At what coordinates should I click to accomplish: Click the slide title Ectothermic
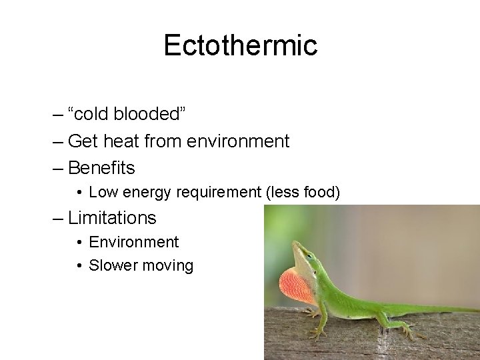(240, 45)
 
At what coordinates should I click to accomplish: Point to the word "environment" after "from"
(239, 141)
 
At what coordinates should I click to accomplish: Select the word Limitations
(112, 218)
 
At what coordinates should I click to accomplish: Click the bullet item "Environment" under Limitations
(133, 242)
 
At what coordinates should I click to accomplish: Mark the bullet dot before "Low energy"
(79, 193)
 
